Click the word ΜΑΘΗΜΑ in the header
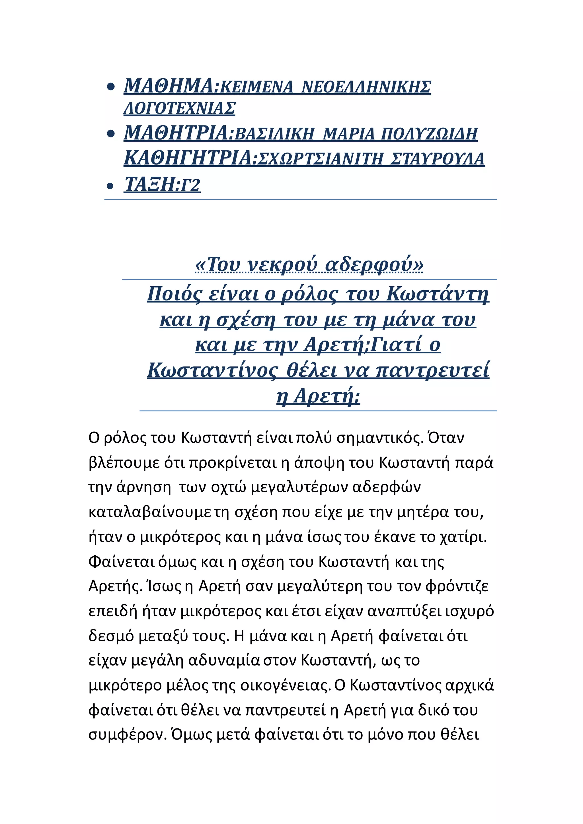(169, 86)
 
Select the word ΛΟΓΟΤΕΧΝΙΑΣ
(180, 108)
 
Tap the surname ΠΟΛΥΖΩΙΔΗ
(429, 134)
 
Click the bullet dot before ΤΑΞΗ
(110, 186)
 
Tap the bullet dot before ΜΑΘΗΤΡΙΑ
(110, 134)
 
